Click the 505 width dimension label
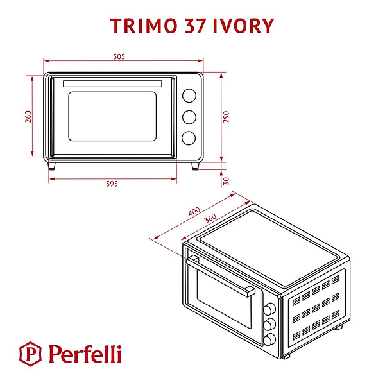click(x=119, y=56)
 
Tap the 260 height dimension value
click(x=28, y=117)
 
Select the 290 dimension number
click(x=226, y=117)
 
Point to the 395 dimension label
click(x=112, y=184)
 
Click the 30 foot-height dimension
click(x=226, y=181)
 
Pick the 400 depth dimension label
click(x=194, y=211)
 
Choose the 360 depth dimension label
click(x=210, y=218)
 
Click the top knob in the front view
click(x=189, y=96)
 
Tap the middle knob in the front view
click(x=189, y=117)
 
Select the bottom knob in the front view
click(x=189, y=138)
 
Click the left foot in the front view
click(x=51, y=166)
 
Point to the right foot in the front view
click(x=196, y=166)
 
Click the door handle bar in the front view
click(x=112, y=83)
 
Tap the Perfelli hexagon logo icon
click(x=30, y=354)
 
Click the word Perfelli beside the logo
click(x=85, y=354)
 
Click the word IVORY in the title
click(x=243, y=26)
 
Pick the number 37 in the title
click(x=195, y=26)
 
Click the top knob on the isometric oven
click(x=269, y=309)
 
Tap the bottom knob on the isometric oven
click(x=269, y=339)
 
